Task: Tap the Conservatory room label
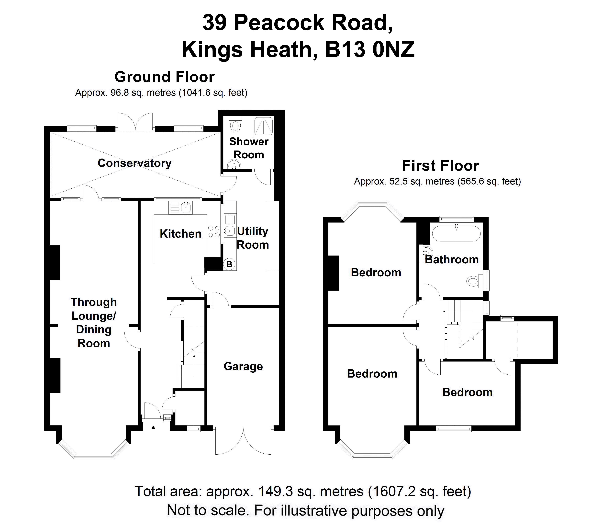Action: coord(135,163)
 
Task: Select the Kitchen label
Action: coord(180,234)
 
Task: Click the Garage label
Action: coord(243,366)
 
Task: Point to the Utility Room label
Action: coord(253,238)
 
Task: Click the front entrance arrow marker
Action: coord(153,427)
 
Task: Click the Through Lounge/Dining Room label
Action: coord(94,323)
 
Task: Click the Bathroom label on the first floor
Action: coord(452,260)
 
